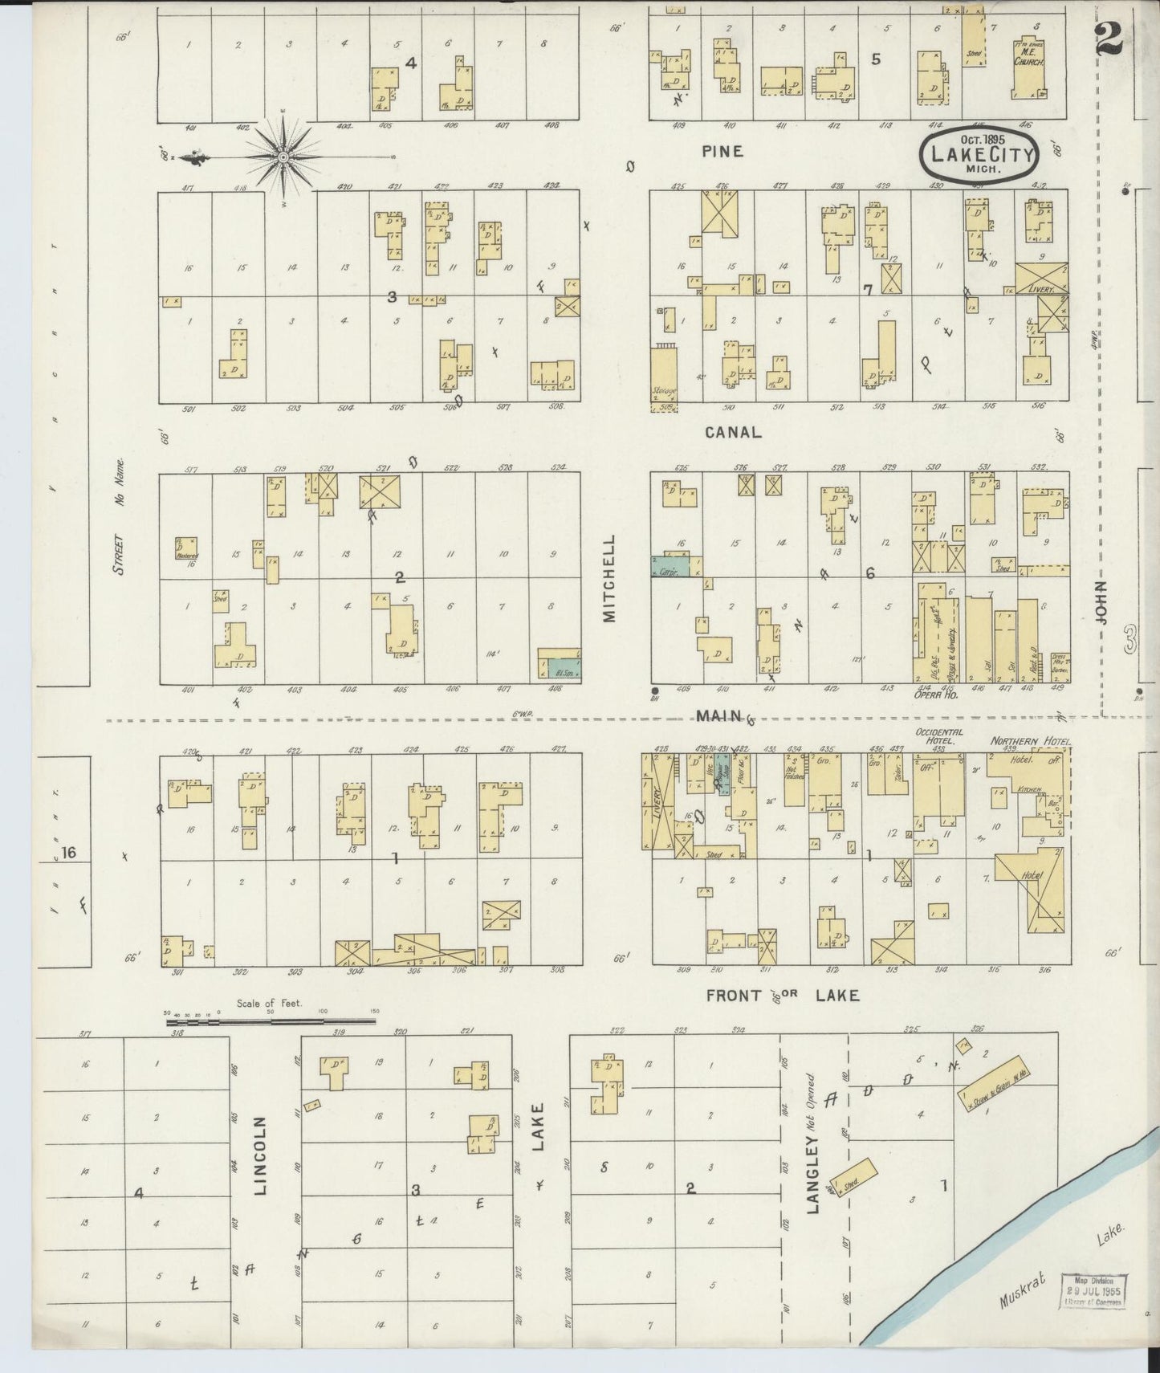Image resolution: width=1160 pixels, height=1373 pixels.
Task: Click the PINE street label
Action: pyautogui.click(x=721, y=151)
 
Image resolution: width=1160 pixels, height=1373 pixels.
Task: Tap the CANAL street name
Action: pyautogui.click(x=732, y=432)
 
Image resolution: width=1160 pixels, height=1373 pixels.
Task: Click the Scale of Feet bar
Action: pyautogui.click(x=270, y=1022)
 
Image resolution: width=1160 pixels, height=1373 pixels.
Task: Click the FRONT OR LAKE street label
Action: pyautogui.click(x=782, y=996)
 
